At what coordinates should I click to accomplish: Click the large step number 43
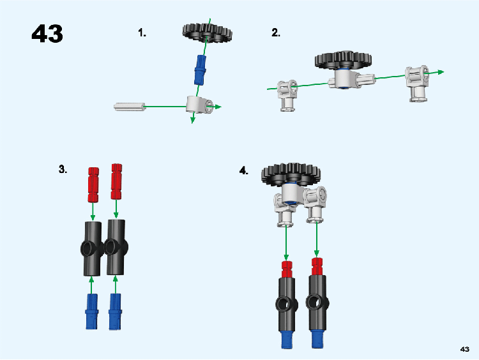click(47, 34)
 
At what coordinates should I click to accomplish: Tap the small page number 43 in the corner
click(464, 349)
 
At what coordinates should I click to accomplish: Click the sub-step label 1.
click(142, 33)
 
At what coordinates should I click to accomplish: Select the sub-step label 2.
click(276, 33)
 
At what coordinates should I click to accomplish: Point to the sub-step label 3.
click(63, 169)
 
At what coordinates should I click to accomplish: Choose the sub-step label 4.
click(243, 170)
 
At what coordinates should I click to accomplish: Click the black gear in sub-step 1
click(206, 31)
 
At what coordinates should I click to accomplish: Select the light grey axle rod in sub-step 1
click(130, 106)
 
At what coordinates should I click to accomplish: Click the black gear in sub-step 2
click(343, 60)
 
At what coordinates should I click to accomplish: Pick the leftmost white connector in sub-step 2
click(287, 94)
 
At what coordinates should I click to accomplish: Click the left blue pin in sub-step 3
click(92, 313)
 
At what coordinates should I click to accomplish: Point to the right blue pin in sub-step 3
click(115, 313)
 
